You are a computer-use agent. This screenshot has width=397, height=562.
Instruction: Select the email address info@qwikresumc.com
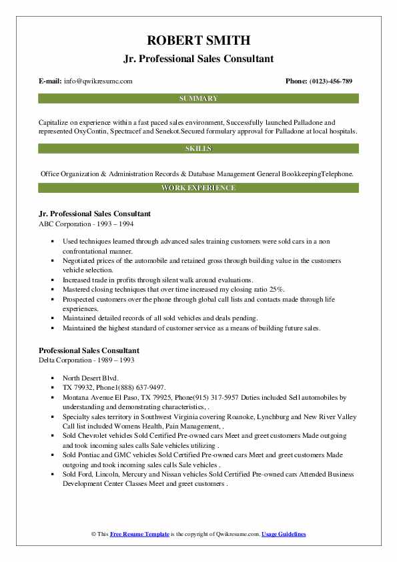pos(99,81)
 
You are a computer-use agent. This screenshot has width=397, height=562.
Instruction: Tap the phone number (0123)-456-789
pos(329,81)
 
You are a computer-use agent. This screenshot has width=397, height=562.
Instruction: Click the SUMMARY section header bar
pos(198,98)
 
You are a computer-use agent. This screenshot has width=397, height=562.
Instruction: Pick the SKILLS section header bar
pos(198,148)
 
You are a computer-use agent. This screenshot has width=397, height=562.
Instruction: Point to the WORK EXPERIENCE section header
pos(198,188)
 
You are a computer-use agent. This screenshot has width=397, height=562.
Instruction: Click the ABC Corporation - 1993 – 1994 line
pos(82,224)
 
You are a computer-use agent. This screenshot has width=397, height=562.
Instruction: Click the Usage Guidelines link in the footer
pos(284,535)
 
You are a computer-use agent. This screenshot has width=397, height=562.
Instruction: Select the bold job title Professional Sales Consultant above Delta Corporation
pos(89,350)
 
